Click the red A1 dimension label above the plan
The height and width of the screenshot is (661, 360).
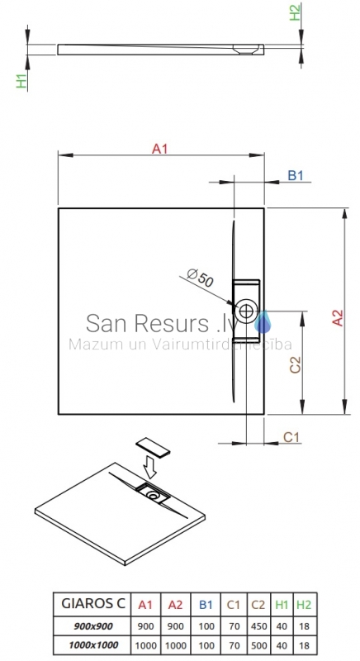point(159,149)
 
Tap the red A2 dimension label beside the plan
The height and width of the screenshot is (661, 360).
point(338,318)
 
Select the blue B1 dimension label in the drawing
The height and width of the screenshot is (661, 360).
point(295,175)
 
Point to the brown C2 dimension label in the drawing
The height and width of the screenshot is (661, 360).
point(296,364)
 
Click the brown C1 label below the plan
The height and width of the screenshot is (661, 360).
point(291,437)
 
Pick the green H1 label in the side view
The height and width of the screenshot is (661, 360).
point(21,80)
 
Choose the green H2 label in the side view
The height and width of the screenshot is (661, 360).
point(295,12)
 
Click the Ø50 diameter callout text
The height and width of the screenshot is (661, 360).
point(200,278)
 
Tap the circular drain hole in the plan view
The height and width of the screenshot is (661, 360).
point(246,311)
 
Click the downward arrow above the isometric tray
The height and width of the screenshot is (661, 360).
point(150,466)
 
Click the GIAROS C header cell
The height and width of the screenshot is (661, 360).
point(93,603)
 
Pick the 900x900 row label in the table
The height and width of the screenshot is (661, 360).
point(93,626)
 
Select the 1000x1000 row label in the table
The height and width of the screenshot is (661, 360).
point(93,644)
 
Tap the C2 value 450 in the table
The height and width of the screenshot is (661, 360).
point(258,626)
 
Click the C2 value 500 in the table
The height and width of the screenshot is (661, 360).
point(258,645)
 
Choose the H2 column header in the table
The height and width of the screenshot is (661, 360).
point(303,605)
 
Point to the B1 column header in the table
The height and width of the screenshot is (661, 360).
point(206,605)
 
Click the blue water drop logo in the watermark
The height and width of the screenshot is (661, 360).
point(263,322)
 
